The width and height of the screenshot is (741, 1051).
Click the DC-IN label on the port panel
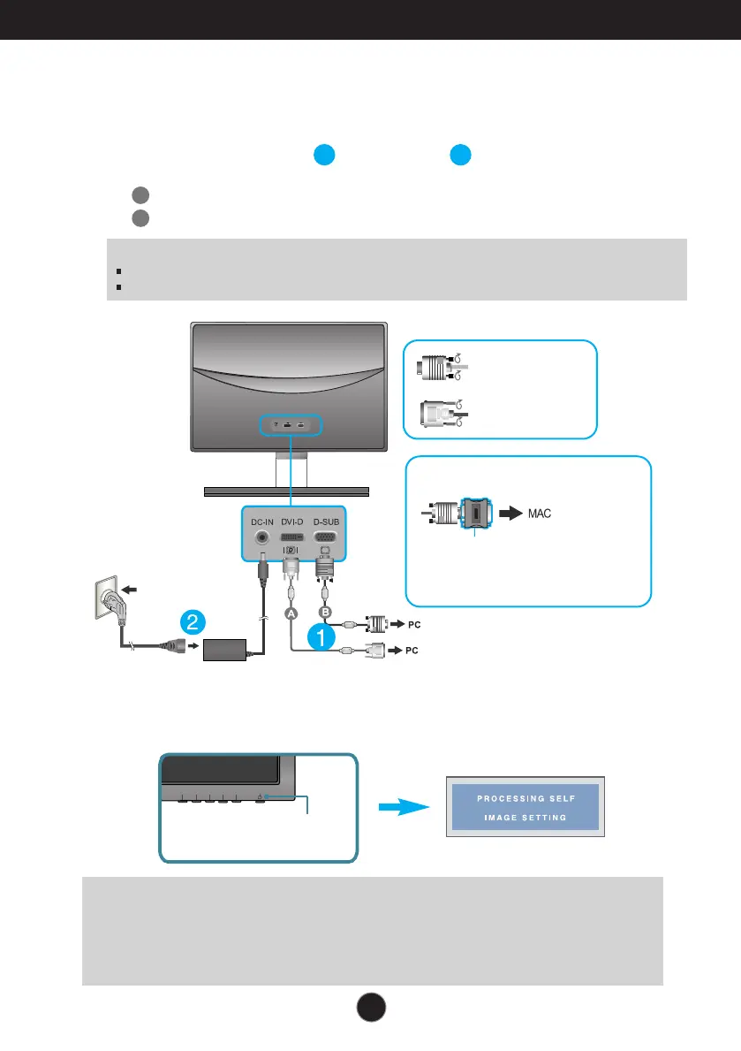coord(261,522)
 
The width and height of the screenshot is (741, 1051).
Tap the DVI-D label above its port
coord(291,522)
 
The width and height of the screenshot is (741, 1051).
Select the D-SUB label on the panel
coord(327,522)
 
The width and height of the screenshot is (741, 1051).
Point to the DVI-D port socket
coord(291,537)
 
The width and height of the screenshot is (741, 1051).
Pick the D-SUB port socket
coord(327,537)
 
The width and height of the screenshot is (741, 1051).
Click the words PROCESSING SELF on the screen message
coord(527,799)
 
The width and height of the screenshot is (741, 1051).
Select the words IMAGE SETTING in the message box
coord(527,818)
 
